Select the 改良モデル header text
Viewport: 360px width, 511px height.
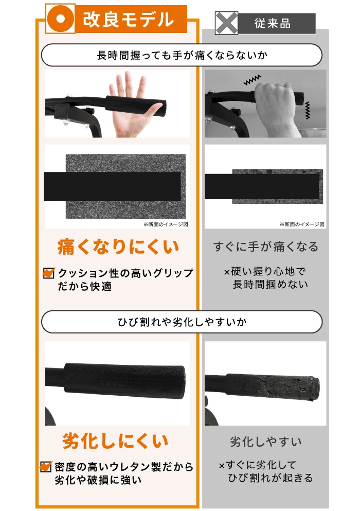[x=128, y=20]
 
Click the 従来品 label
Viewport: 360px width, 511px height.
[x=272, y=24]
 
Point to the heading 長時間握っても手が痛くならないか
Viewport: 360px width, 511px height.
[x=182, y=55]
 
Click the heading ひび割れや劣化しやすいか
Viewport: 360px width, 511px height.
[x=182, y=322]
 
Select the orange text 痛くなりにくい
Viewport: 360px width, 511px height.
[x=118, y=246]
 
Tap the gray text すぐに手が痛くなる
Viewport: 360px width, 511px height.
[x=265, y=246]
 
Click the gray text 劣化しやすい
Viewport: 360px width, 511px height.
[x=265, y=442]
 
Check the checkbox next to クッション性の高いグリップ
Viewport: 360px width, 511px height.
[x=49, y=273]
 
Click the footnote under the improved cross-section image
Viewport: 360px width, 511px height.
[x=165, y=224]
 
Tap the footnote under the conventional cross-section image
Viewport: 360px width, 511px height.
[x=302, y=224]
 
